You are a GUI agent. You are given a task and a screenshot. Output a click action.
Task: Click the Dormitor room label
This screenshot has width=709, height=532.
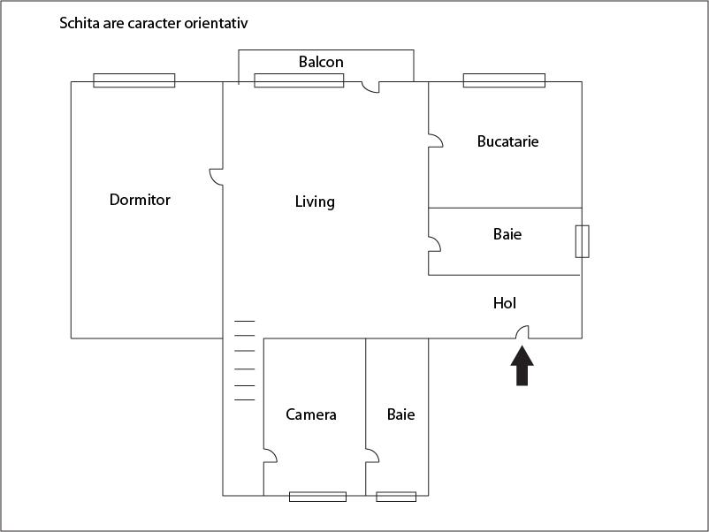point(140,200)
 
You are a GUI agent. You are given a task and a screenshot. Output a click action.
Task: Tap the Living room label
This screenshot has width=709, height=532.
point(315,201)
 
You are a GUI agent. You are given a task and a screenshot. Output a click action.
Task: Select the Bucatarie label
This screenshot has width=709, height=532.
point(507,141)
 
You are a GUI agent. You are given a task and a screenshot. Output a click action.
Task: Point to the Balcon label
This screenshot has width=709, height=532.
point(321,62)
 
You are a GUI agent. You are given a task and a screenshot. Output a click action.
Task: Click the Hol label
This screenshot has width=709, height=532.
point(505,303)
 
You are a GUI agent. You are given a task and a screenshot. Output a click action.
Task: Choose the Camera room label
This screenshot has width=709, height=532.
point(311,414)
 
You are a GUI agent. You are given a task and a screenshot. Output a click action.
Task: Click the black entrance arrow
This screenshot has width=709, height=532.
point(522,366)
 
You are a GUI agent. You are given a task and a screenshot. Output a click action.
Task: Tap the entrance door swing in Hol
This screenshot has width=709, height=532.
point(522,331)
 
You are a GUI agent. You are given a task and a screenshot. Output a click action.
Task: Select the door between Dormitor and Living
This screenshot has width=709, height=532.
point(216,177)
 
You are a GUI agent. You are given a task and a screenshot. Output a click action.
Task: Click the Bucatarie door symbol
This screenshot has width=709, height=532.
point(436,141)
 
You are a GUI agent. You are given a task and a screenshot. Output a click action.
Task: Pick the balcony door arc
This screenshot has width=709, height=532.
point(370,87)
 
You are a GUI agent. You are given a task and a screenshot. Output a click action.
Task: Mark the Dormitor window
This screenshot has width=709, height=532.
point(134,80)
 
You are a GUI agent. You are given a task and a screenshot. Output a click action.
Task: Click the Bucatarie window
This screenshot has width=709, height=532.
point(504,80)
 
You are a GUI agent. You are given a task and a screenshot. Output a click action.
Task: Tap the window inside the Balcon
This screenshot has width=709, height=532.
point(299,80)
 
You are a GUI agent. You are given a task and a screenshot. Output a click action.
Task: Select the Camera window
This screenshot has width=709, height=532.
point(318,497)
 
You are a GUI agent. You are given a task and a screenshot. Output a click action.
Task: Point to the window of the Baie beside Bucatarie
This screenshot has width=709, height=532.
point(582,241)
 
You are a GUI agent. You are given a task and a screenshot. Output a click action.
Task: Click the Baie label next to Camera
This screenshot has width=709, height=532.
point(401,414)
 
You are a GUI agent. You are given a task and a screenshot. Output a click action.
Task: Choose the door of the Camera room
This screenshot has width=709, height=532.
point(271,456)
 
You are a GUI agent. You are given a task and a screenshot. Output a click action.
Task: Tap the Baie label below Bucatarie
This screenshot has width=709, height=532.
point(507,234)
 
